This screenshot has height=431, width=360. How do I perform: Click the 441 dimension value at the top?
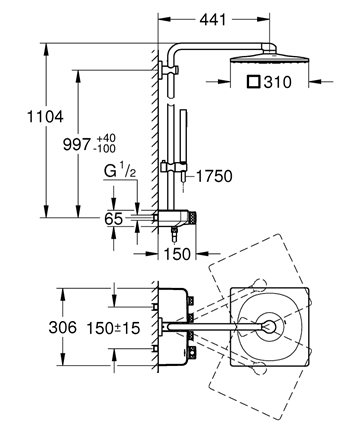pyautogui.click(x=213, y=20)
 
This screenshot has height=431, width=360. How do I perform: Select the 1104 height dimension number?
pyautogui.click(x=45, y=117)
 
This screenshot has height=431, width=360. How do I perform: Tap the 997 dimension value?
pyautogui.click(x=77, y=145)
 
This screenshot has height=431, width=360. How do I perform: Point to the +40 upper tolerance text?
pyautogui.click(x=106, y=138)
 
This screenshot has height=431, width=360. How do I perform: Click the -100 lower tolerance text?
pyautogui.click(x=105, y=149)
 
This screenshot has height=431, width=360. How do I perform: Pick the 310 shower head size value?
pyautogui.click(x=277, y=82)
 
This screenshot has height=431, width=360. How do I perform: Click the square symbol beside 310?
pyautogui.click(x=254, y=82)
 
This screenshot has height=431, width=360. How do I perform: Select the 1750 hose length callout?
pyautogui.click(x=214, y=176)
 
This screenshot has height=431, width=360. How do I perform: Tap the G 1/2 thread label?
pyautogui.click(x=120, y=171)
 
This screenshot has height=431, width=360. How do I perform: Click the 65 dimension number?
pyautogui.click(x=114, y=219)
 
